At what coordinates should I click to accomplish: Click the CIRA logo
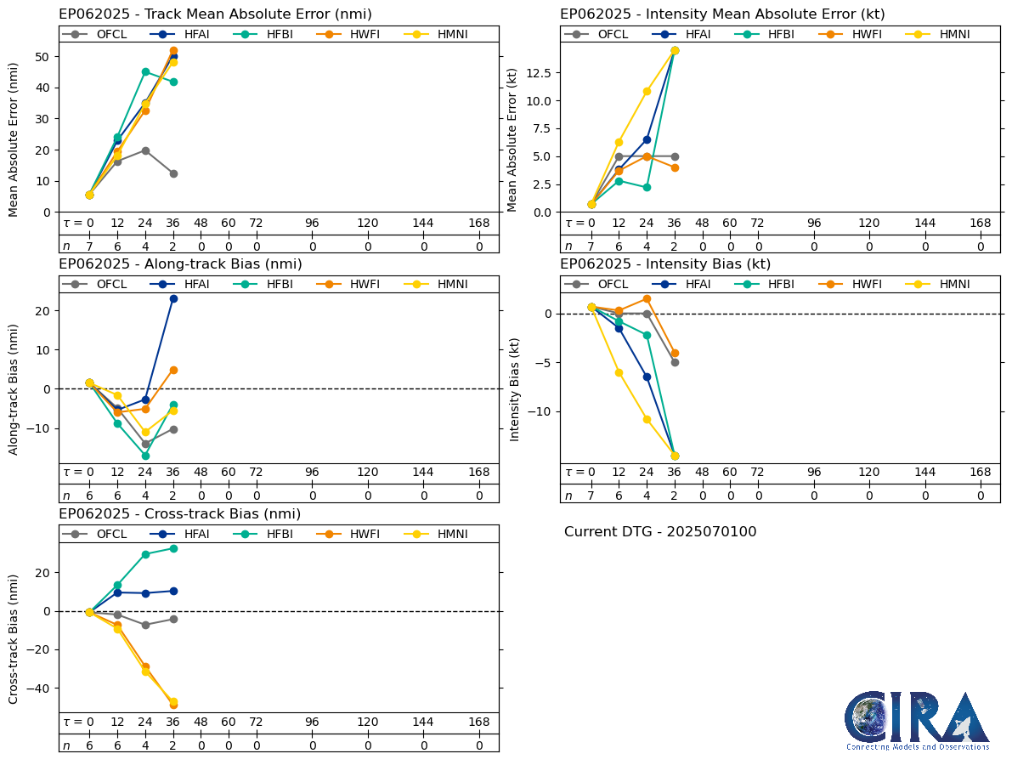917,720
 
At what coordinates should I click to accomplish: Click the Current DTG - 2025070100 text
660,532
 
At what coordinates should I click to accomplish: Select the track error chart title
215,14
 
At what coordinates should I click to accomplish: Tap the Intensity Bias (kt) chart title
665,264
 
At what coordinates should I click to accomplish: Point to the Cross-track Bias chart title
179,514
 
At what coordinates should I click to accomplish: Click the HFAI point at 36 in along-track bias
173,298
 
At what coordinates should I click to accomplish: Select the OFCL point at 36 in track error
173,173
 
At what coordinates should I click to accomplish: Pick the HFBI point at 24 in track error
145,71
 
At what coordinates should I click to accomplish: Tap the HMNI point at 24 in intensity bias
647,419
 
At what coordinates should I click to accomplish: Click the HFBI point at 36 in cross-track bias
173,548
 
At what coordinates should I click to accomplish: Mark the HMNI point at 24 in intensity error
647,91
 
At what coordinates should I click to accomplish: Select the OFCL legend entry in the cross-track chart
102,534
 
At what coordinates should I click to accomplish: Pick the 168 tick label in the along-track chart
479,473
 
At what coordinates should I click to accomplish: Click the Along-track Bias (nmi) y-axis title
14,389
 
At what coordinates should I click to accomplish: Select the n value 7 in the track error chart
89,246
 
